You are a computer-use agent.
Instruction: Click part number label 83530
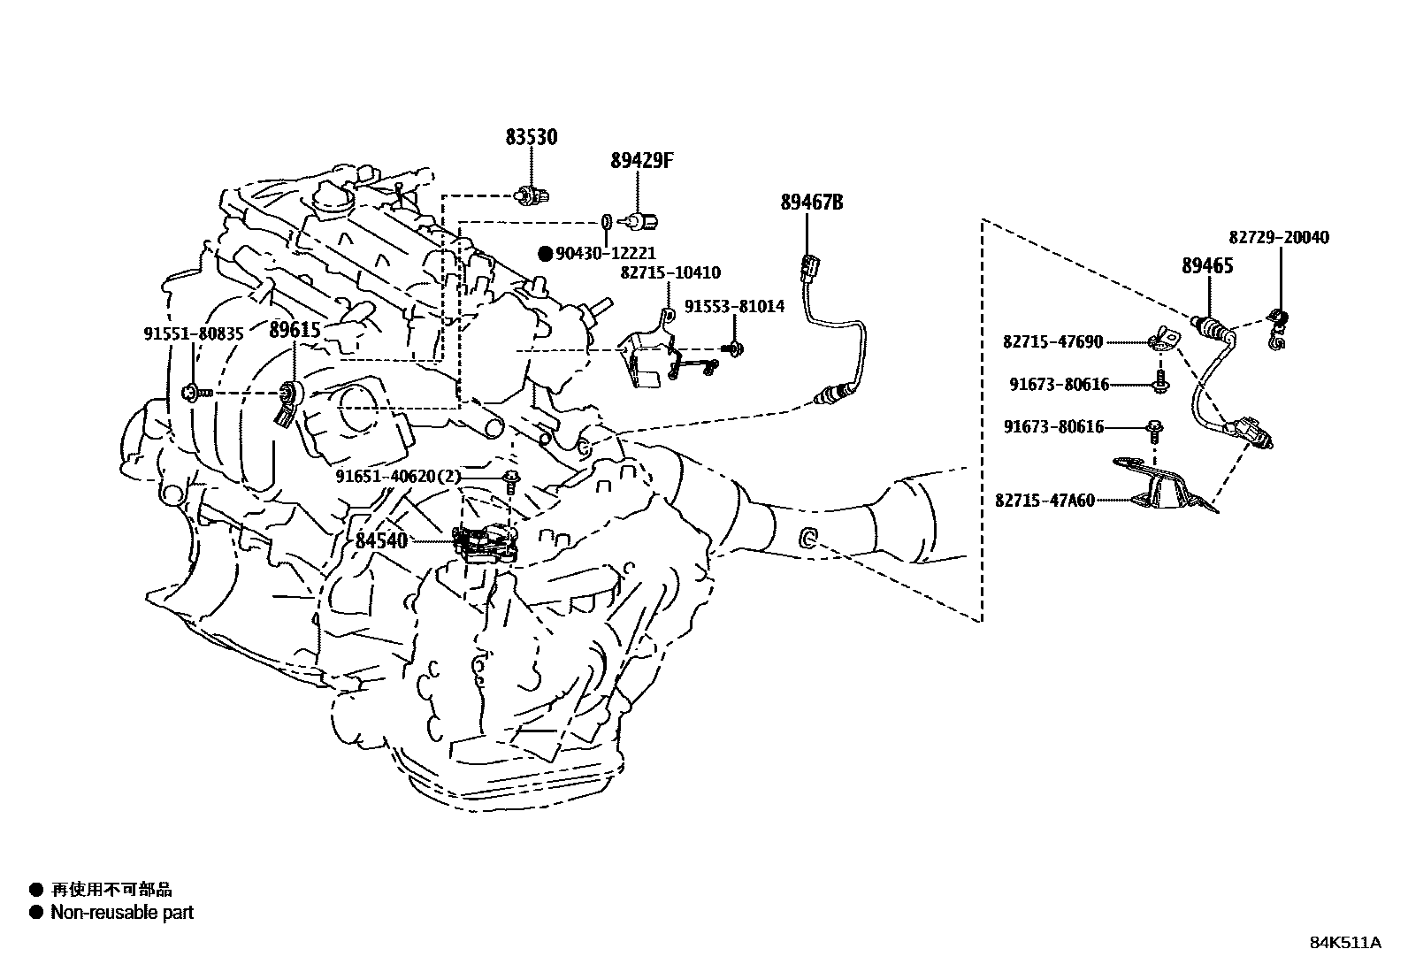click(x=532, y=137)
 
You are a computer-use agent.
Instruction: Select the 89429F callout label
click(x=641, y=161)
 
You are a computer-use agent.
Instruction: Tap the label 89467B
click(x=811, y=203)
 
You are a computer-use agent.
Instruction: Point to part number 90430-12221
click(x=606, y=254)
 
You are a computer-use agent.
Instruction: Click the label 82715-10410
click(x=670, y=273)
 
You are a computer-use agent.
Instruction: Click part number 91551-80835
click(x=193, y=333)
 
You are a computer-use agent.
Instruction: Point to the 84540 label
click(x=381, y=540)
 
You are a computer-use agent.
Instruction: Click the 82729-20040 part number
click(x=1278, y=237)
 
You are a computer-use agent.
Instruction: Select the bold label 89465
click(x=1207, y=265)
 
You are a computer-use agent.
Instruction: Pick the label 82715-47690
click(x=1052, y=341)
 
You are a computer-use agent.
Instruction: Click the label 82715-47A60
click(x=1045, y=500)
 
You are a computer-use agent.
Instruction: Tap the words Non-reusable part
click(x=122, y=913)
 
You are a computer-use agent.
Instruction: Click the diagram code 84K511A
click(x=1344, y=942)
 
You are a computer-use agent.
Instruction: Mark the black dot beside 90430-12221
click(x=546, y=254)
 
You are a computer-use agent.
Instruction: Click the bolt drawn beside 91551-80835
click(x=194, y=392)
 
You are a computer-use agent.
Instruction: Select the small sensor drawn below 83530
click(x=529, y=194)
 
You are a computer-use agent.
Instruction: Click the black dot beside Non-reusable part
click(x=36, y=913)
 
